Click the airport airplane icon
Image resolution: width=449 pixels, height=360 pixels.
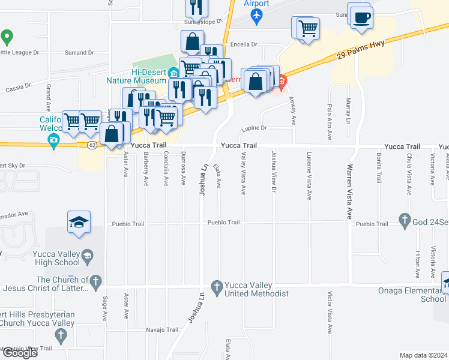[x=257, y=16]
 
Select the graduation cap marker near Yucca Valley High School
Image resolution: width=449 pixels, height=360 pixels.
[x=79, y=223]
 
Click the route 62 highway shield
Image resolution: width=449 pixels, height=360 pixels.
[x=91, y=145]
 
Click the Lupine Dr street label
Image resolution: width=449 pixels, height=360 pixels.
[x=253, y=128]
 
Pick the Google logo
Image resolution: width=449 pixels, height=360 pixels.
[x=19, y=353]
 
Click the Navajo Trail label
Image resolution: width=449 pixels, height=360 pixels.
[x=163, y=329]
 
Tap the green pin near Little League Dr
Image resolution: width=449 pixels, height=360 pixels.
[x=7, y=37]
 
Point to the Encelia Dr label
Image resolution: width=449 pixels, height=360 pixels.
[x=244, y=44]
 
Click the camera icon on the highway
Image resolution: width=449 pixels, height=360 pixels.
[x=53, y=141]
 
